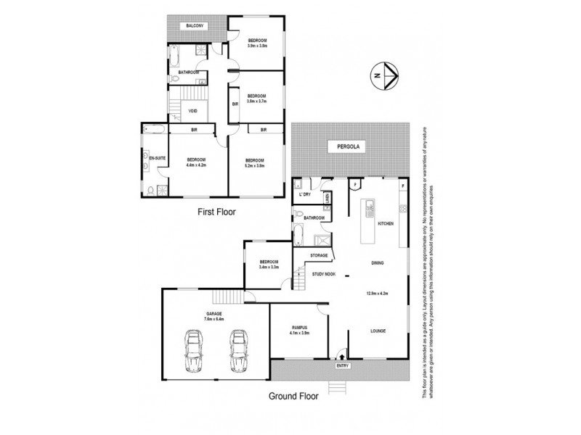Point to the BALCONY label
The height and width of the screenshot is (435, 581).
pos(194,26)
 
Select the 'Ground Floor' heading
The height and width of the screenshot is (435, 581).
pos(294,396)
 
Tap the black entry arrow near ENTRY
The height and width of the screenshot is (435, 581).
pos(342,356)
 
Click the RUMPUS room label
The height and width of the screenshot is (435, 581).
pos(299,328)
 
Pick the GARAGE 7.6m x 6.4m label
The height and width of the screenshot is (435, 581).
pos(214,316)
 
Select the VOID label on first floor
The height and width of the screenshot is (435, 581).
pos(192,111)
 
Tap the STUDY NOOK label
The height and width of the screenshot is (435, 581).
pos(324,274)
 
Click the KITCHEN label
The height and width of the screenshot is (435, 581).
pos(386,223)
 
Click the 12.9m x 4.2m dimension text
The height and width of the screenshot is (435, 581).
pos(378,294)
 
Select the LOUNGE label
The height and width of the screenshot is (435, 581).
pos(378,331)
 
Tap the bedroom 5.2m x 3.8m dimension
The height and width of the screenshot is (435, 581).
pos(254,165)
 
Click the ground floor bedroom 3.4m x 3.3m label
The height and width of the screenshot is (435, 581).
pos(269,265)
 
